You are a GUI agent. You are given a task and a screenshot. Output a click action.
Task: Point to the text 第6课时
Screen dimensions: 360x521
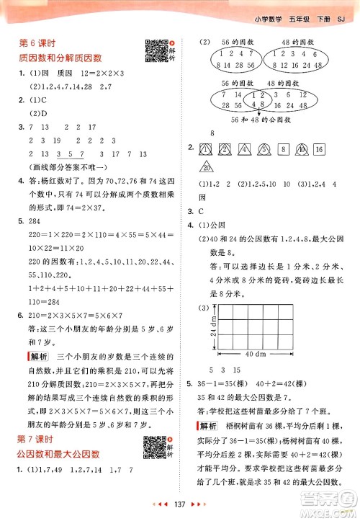pyautogui.click(x=34, y=44)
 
